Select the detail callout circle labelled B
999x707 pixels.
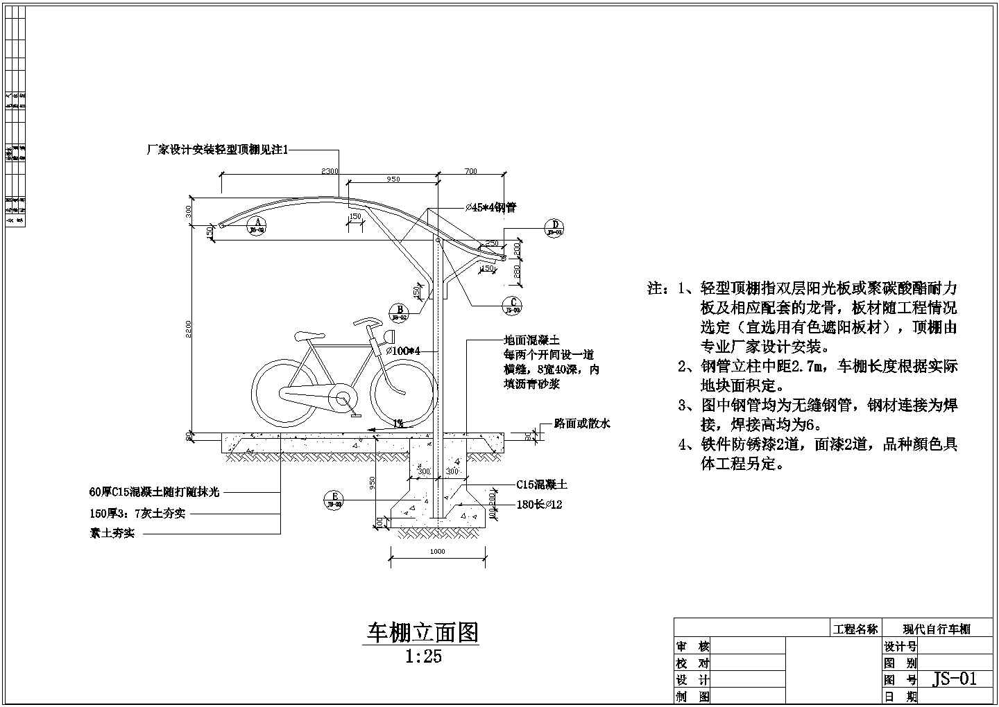(399, 313)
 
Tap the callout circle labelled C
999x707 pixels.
(513, 306)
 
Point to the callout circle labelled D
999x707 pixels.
(555, 228)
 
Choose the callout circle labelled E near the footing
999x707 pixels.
(334, 500)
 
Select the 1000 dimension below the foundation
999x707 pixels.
(437, 552)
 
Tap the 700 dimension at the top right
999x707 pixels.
(470, 171)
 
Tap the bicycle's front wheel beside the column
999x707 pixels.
(404, 392)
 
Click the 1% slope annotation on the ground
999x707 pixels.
(398, 424)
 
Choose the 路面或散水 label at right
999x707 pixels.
(581, 424)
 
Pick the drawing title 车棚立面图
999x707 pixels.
(422, 632)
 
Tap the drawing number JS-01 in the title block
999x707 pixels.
(955, 679)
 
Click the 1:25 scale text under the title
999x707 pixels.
(423, 656)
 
